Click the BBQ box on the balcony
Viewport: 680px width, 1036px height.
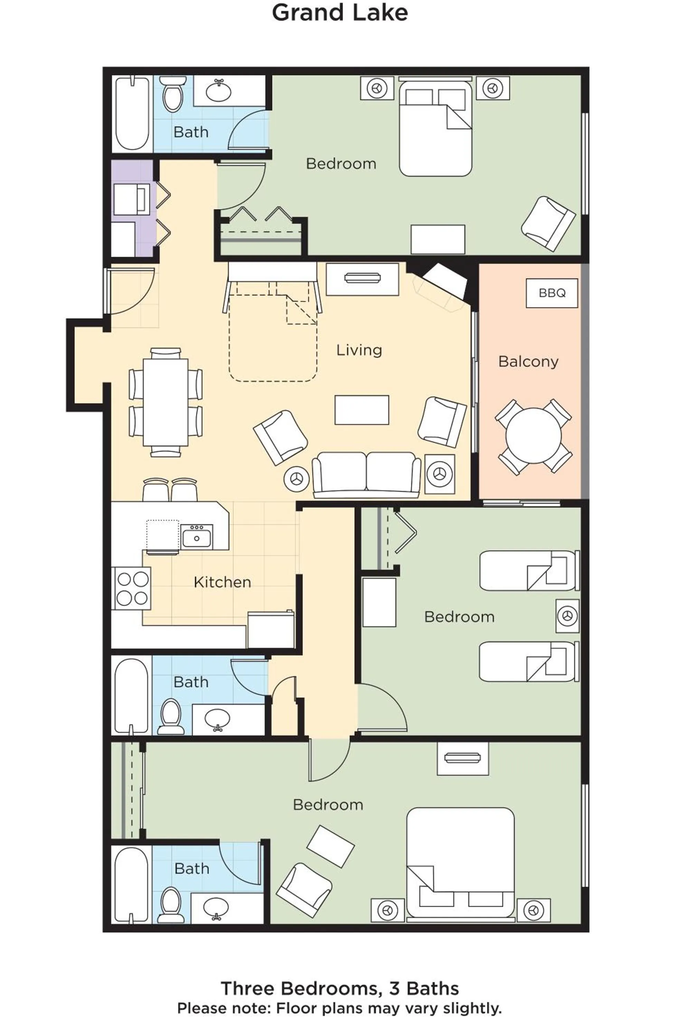(x=551, y=293)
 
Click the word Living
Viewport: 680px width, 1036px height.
(x=359, y=350)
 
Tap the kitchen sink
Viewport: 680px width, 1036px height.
(x=197, y=537)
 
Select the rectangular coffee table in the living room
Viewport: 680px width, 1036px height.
(x=361, y=410)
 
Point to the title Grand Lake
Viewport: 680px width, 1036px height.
(x=339, y=13)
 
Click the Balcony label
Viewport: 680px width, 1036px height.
(x=528, y=361)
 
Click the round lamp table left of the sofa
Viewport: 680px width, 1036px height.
(x=296, y=479)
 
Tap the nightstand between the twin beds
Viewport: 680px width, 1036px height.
(x=567, y=616)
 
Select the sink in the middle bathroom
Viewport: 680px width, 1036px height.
(x=217, y=719)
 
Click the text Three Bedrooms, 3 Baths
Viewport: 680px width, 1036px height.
(x=339, y=988)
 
